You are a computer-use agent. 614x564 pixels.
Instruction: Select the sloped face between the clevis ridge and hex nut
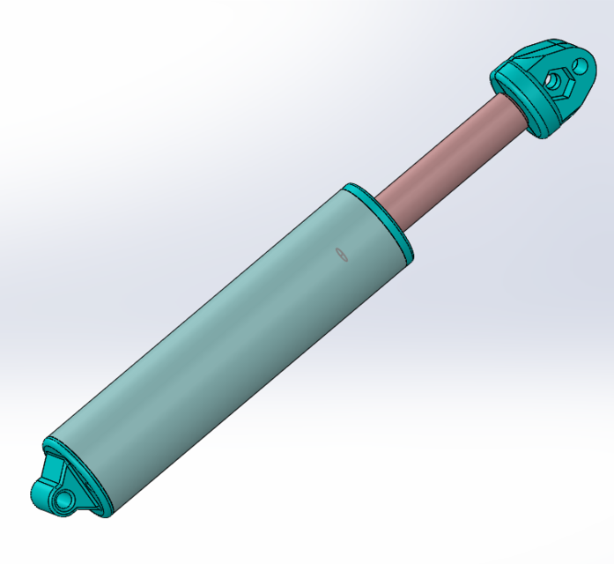[539, 69]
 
